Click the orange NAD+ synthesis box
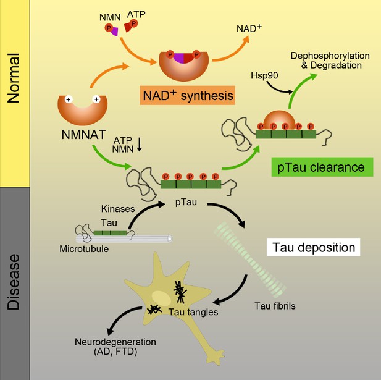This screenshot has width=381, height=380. (187, 95)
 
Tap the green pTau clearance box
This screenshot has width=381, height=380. (322, 167)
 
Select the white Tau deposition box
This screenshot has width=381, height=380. (314, 247)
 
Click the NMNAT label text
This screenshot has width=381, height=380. (84, 135)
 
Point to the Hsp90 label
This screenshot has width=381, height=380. (264, 75)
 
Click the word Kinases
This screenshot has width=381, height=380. (118, 209)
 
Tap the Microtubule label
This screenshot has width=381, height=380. (84, 249)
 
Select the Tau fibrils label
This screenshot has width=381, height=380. (275, 306)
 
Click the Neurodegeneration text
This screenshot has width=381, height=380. (115, 342)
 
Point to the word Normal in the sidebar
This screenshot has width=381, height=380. (13, 78)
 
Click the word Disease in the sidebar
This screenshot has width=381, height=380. (13, 282)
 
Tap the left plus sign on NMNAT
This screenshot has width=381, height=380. (69, 99)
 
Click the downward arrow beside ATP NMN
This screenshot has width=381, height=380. (139, 145)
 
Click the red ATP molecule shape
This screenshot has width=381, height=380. (128, 27)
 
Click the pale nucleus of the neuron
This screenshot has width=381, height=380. (161, 298)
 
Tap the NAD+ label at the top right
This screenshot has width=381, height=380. (249, 28)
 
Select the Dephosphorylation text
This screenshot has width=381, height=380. (330, 56)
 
